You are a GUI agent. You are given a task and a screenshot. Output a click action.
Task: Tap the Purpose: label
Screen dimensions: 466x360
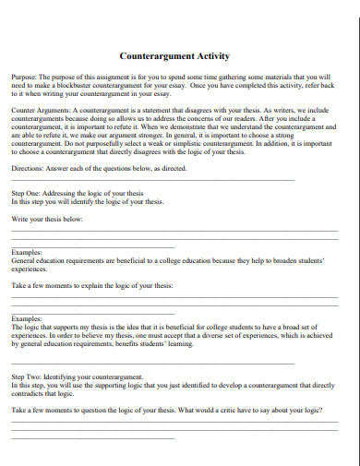26,77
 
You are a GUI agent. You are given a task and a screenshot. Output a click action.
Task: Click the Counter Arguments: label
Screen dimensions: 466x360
41,108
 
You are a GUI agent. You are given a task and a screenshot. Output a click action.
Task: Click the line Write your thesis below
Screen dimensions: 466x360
47,219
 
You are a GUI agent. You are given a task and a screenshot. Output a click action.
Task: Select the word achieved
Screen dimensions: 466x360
322,337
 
